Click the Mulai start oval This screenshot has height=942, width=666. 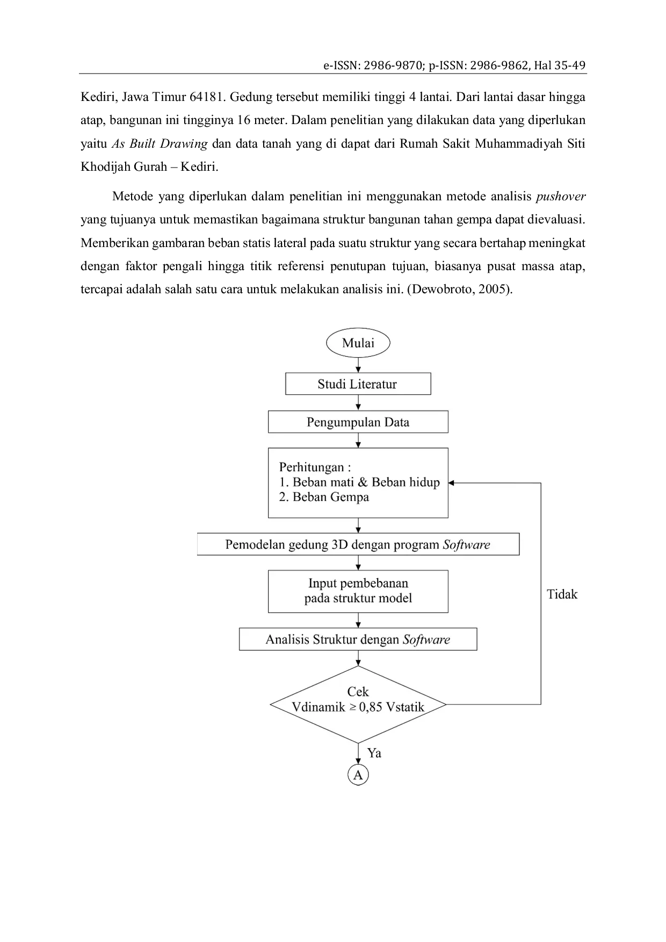tap(358, 343)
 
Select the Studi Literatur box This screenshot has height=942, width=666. tap(358, 384)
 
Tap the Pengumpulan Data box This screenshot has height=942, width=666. tap(358, 422)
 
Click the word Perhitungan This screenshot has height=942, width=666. tap(312, 467)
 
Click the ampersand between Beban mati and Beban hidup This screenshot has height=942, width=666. tap(363, 482)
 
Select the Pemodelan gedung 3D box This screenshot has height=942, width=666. tap(358, 545)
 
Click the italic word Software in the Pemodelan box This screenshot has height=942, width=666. tap(466, 545)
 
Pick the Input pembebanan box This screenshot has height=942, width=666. tap(358, 591)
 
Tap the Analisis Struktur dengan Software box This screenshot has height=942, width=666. tap(358, 640)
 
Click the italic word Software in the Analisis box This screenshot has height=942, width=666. tap(426, 640)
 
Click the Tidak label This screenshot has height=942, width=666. tap(562, 594)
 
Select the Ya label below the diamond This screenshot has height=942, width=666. tap(374, 753)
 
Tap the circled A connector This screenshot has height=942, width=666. tap(358, 775)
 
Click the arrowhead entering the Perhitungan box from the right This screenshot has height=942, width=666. tap(451, 483)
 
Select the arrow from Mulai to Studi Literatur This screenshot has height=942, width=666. tap(358, 365)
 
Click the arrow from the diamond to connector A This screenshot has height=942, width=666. tap(358, 754)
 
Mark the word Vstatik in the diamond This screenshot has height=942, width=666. tap(405, 707)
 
